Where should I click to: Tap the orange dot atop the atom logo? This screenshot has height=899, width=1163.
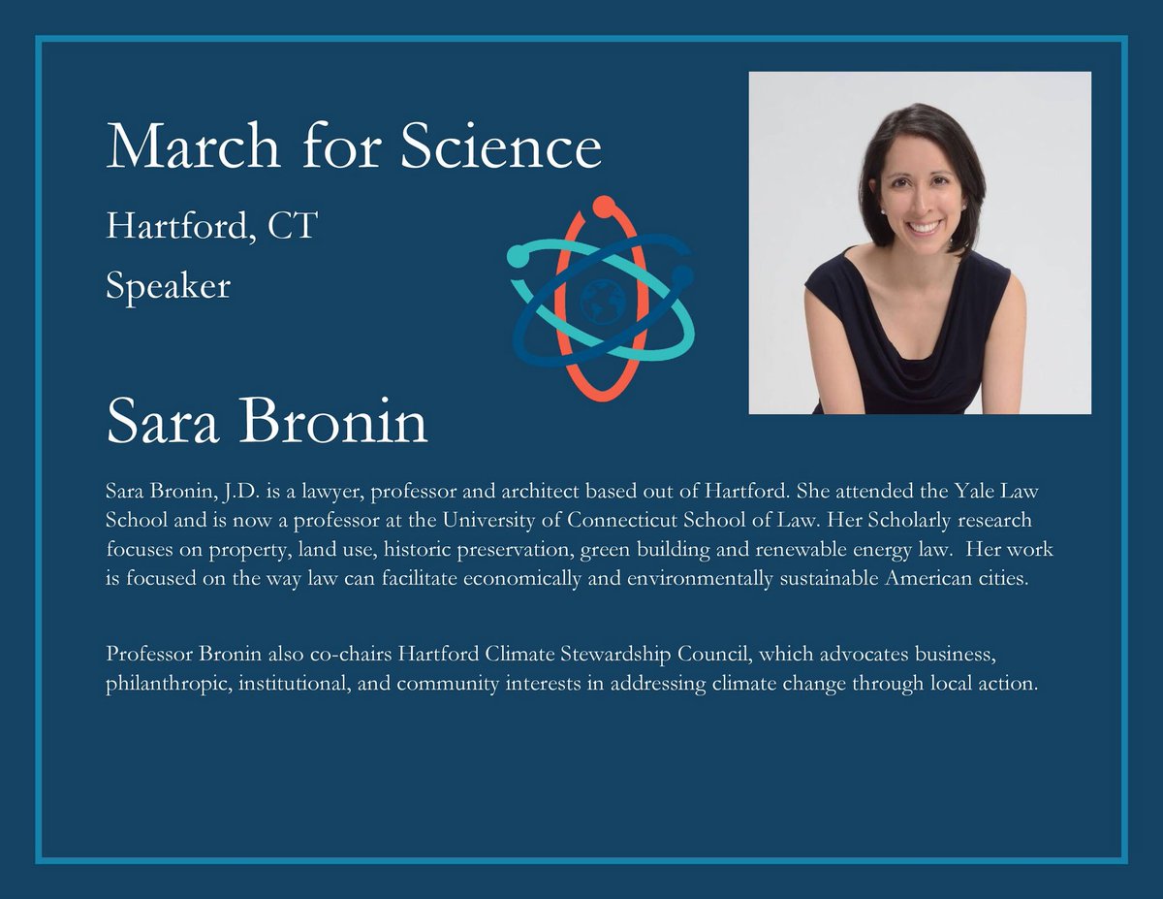(x=603, y=206)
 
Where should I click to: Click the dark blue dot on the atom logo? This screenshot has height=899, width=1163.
(x=681, y=276)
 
